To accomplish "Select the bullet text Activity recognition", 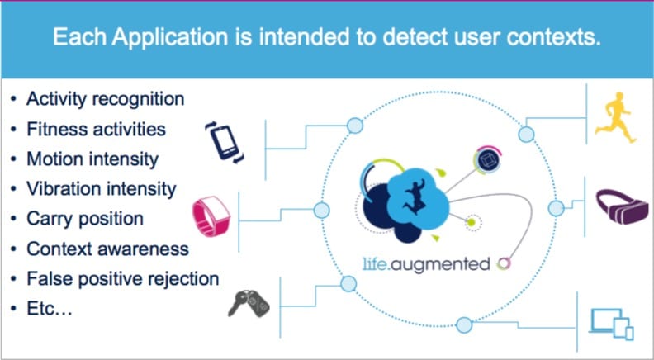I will coord(105,99).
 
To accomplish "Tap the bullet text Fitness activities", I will coord(96,129).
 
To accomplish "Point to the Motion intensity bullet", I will coord(92,159).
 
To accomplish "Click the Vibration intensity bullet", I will coord(101,188).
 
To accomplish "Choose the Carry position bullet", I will coord(85,218).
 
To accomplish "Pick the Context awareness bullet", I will coord(107,248).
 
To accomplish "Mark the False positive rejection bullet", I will coord(122,278).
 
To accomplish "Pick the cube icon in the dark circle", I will coord(487,159).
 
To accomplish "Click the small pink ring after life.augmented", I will coord(503,264).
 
